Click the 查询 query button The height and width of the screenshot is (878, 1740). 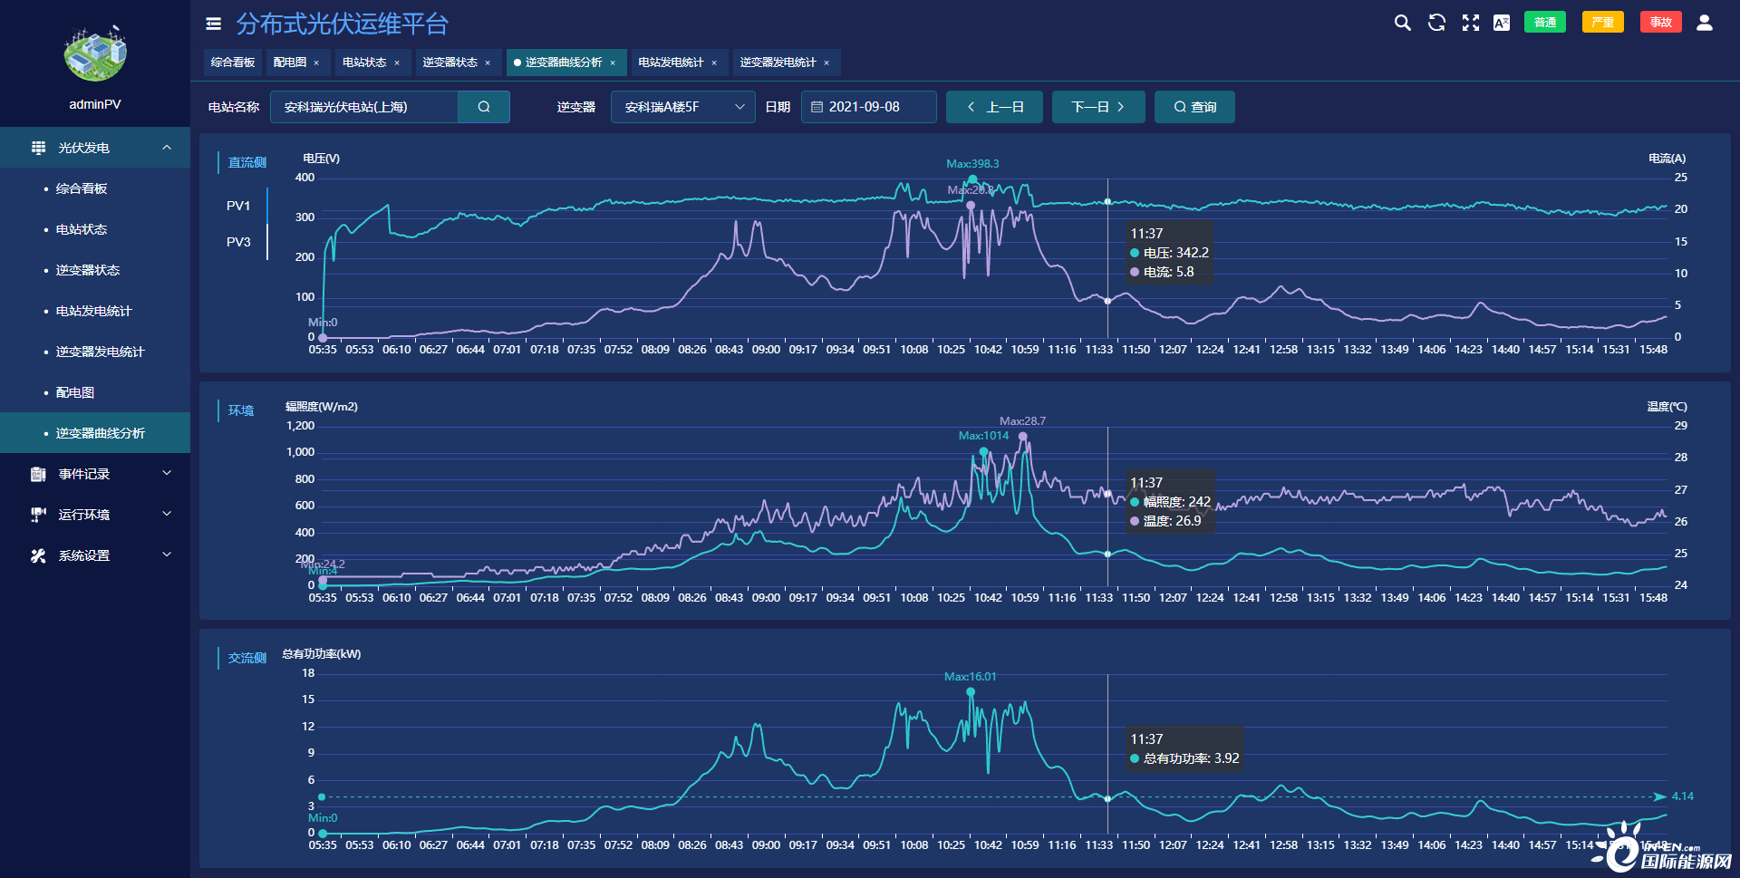coord(1194,107)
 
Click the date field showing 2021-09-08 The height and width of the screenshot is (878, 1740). coord(868,107)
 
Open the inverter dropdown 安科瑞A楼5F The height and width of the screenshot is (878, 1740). coord(682,107)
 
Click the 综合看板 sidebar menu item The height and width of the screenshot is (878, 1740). coord(82,188)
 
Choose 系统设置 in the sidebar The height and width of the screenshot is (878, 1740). coord(84,555)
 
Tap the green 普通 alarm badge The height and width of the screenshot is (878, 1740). coord(1545,23)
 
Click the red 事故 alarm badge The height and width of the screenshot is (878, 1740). coord(1660,23)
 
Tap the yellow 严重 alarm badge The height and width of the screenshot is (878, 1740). coord(1602,23)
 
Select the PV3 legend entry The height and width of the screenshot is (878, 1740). coord(238,242)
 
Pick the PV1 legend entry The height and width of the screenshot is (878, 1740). coord(238,206)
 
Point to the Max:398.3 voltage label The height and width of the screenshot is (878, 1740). coord(972,164)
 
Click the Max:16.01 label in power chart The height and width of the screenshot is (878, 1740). coord(970,677)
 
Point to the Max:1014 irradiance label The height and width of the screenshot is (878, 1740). coord(983,436)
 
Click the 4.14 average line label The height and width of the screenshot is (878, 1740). coord(1683,796)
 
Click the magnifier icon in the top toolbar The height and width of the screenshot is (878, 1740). coord(1402,23)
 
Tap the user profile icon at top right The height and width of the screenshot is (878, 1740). coord(1705,23)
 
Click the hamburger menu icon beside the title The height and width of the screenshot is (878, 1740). coord(214,24)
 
